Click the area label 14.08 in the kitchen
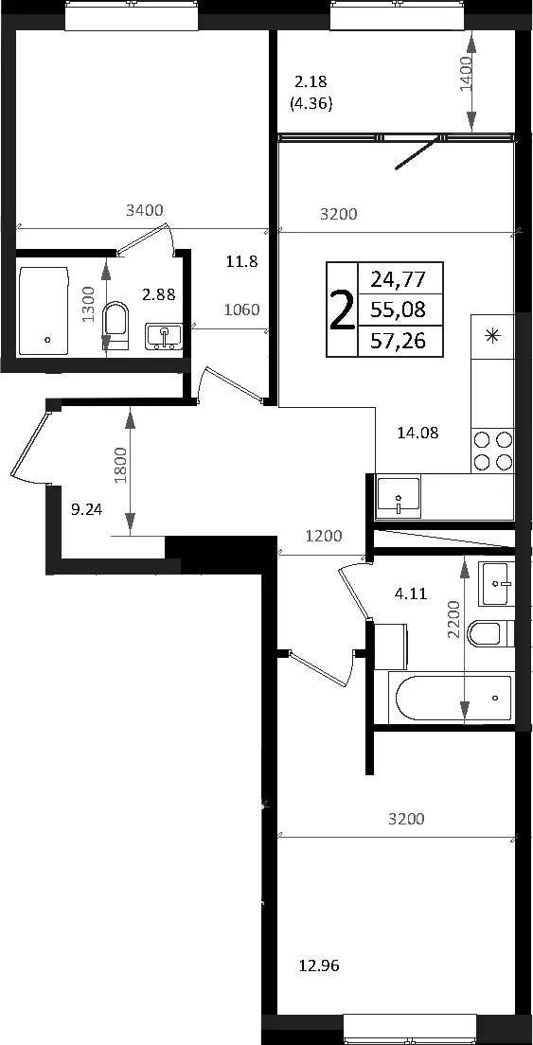click(x=418, y=434)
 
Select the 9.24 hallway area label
click(x=86, y=510)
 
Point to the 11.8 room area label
click(x=241, y=261)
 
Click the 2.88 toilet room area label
click(x=158, y=294)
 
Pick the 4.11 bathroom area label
click(x=411, y=593)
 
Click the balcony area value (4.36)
click(x=311, y=104)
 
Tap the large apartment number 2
click(x=342, y=310)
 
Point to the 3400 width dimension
click(x=145, y=210)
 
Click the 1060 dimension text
click(x=241, y=310)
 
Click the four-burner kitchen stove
click(x=493, y=451)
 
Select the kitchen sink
click(x=398, y=497)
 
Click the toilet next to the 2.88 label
click(x=115, y=326)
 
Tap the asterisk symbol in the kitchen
click(x=493, y=335)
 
